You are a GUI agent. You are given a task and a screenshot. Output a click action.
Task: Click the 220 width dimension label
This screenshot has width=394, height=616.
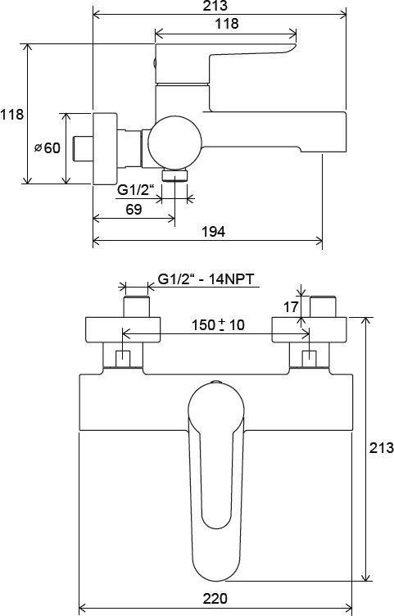(x=215, y=599)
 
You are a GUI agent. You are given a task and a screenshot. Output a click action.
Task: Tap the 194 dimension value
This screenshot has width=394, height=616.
(x=213, y=232)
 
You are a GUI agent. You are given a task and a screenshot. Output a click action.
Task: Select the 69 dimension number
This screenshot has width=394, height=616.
(x=134, y=210)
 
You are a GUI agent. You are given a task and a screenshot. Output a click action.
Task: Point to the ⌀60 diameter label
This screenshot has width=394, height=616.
(x=48, y=148)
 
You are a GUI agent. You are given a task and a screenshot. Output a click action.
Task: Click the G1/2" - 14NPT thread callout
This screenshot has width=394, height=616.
(x=206, y=279)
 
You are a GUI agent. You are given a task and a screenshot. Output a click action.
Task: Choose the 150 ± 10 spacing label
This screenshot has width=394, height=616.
(x=218, y=325)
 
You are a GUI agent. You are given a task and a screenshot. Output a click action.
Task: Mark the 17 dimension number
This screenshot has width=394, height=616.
(x=291, y=307)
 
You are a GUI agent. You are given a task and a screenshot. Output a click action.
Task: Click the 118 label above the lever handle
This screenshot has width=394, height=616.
(x=227, y=24)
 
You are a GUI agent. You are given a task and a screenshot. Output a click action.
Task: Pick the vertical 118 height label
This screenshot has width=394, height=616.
(x=11, y=115)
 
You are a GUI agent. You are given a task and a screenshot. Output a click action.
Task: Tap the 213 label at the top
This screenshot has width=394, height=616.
(x=215, y=6)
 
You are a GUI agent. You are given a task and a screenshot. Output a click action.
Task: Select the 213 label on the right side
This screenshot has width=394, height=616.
(x=381, y=447)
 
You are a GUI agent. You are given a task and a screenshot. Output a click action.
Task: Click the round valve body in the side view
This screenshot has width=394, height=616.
(x=174, y=143)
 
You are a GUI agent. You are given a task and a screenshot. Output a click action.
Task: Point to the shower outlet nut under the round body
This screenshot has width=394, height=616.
(x=174, y=174)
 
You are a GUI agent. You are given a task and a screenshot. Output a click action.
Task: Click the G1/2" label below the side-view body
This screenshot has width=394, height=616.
(x=134, y=190)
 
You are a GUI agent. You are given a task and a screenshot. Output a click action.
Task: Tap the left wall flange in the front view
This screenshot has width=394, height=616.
(x=123, y=329)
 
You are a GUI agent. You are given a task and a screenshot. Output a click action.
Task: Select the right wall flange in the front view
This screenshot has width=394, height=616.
(x=309, y=329)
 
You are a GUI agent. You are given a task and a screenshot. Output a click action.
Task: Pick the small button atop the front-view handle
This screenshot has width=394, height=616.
(x=215, y=382)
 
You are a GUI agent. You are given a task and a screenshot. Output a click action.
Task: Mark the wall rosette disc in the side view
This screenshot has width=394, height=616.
(x=105, y=148)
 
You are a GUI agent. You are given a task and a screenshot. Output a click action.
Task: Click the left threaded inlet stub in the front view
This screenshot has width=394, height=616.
(x=137, y=306)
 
